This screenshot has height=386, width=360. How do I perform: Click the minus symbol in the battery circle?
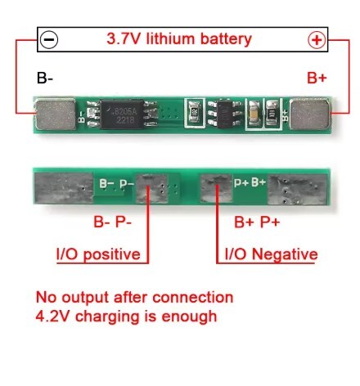(49, 38)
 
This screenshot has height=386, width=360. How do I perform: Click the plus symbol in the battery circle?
(317, 38)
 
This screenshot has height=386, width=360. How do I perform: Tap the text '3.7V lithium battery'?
(179, 38)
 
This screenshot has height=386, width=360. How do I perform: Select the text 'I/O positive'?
(97, 254)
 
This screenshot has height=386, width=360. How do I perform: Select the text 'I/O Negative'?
(266, 254)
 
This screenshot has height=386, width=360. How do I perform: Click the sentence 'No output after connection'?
(134, 297)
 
